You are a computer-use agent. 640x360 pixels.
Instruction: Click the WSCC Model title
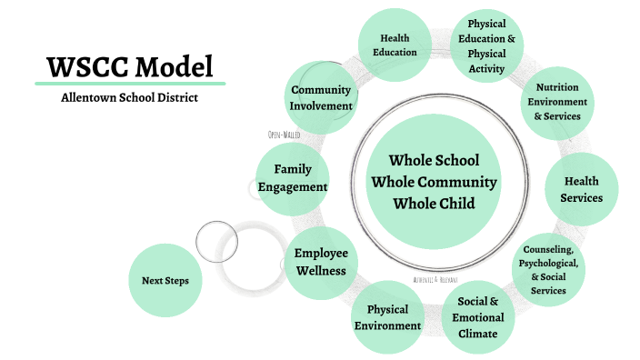click(x=129, y=66)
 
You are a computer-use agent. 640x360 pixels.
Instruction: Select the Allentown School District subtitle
click(x=129, y=97)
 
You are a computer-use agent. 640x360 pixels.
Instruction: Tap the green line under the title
click(x=129, y=84)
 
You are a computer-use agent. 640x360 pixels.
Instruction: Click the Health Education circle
click(x=394, y=45)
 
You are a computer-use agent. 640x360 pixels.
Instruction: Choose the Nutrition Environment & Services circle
click(x=557, y=102)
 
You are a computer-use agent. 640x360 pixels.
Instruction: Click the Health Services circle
click(x=582, y=189)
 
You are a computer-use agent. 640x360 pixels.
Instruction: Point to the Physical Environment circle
click(x=387, y=317)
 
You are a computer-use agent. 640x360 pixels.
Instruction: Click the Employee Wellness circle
click(x=320, y=261)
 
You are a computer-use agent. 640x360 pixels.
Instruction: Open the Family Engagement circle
click(x=292, y=178)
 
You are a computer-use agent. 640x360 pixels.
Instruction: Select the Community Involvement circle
click(x=321, y=97)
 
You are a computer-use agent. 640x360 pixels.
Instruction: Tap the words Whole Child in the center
click(x=434, y=203)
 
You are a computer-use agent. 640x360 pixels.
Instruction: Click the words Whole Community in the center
click(x=434, y=181)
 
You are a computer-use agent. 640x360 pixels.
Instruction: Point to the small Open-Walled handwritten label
click(x=284, y=135)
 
